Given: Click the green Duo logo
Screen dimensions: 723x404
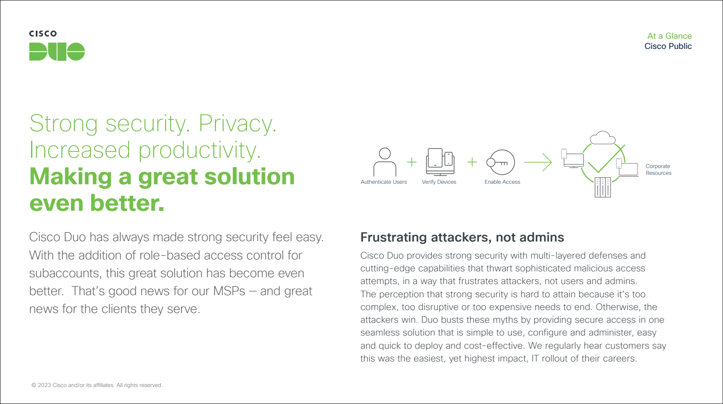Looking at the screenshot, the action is [x=57, y=51].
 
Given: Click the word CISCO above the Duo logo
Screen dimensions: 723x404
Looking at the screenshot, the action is [x=43, y=34].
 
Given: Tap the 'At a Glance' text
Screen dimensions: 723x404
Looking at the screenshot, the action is [x=669, y=36].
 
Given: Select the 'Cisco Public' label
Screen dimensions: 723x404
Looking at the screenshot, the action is [x=668, y=46].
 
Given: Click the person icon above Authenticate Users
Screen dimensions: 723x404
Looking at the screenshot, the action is [x=385, y=162].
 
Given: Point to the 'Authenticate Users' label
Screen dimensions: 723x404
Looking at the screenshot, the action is [x=384, y=182].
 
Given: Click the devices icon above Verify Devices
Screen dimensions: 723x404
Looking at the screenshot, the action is [x=440, y=162].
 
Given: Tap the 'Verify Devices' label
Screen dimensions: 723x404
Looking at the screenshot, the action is [x=439, y=182].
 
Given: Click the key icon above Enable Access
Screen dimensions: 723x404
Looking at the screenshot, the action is [x=500, y=162].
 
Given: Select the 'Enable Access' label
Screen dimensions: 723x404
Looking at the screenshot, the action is [x=502, y=182].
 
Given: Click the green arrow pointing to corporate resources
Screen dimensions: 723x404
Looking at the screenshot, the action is [x=538, y=162].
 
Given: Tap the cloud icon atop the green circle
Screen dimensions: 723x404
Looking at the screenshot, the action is [x=603, y=138].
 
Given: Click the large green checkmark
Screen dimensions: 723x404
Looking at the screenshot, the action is [x=606, y=159].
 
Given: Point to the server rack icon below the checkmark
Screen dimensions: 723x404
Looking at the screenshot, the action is [x=603, y=187].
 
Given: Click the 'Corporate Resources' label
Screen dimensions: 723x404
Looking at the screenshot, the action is [x=658, y=170].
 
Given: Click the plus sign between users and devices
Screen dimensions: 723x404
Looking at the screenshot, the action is [x=412, y=162].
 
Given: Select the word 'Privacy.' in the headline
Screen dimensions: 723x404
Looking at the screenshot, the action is [x=237, y=123].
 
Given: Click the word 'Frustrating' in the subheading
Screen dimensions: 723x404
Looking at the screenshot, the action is [x=394, y=237].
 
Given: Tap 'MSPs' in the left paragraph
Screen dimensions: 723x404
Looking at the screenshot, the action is [x=229, y=291].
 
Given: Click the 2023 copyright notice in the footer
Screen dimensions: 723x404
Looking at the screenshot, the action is [x=97, y=385].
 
